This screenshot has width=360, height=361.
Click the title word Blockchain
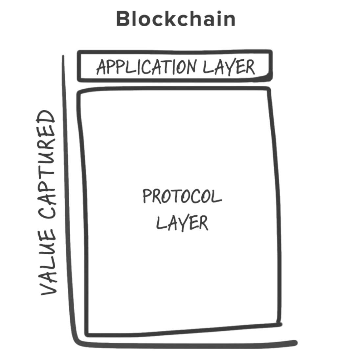coord(176,19)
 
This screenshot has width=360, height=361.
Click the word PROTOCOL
coord(182,196)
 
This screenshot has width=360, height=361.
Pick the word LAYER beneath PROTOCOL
coord(182,223)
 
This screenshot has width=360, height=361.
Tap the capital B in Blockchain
coord(123,19)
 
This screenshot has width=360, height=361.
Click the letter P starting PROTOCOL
coord(146,196)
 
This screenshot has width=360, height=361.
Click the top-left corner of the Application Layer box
coord(79,52)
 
